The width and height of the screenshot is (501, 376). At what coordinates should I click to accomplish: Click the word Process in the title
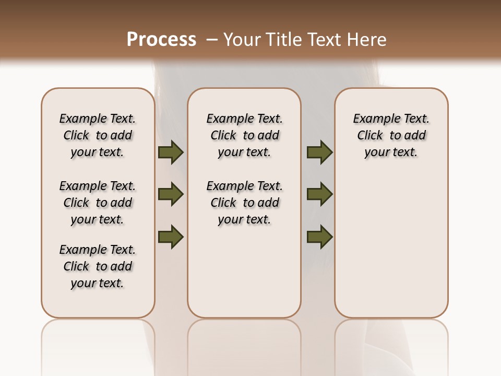click(161, 40)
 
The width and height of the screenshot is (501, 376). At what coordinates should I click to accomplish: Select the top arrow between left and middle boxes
click(171, 152)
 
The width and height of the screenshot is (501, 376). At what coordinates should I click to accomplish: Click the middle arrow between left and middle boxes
click(171, 194)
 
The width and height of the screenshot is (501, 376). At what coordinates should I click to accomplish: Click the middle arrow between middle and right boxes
click(319, 194)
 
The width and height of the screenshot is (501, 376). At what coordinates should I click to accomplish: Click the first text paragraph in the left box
click(98, 135)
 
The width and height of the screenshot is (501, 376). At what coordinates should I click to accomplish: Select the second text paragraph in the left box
click(98, 203)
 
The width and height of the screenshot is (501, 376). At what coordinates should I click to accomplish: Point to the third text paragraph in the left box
click(98, 266)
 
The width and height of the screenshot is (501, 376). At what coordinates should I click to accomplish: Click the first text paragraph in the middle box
click(244, 135)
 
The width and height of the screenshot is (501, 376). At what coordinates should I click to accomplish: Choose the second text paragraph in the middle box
click(244, 203)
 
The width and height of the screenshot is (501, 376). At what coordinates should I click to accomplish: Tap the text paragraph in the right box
click(391, 135)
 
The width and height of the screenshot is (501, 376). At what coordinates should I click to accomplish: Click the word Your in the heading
click(242, 40)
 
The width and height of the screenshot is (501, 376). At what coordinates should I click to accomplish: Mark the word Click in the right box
click(370, 136)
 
